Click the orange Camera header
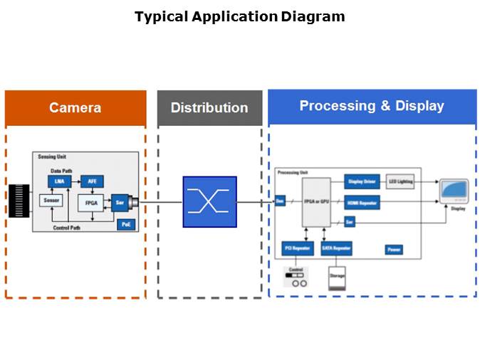pyautogui.click(x=75, y=108)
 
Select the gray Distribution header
pyautogui.click(x=209, y=108)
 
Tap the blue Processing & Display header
pyautogui.click(x=372, y=106)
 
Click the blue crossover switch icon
pyautogui.click(x=209, y=202)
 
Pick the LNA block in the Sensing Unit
pyautogui.click(x=59, y=181)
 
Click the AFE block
pyautogui.click(x=92, y=181)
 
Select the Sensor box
pyautogui.click(x=51, y=201)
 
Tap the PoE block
pyautogui.click(x=126, y=226)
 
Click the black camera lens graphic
pyautogui.click(x=19, y=201)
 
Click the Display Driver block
pyautogui.click(x=362, y=182)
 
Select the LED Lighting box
pyautogui.click(x=400, y=182)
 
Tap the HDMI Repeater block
pyautogui.click(x=362, y=203)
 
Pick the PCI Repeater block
pyautogui.click(x=298, y=249)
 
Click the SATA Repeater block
pyautogui.click(x=336, y=249)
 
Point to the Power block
pyautogui.click(x=394, y=250)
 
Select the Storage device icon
pyautogui.click(x=336, y=278)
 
